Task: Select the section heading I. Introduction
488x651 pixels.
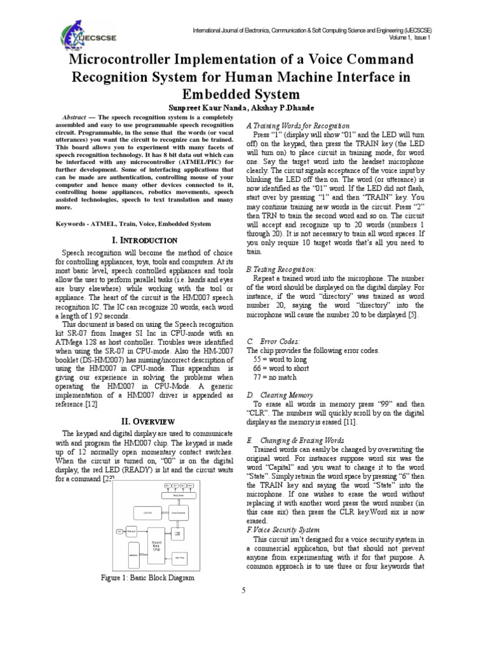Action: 144,240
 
